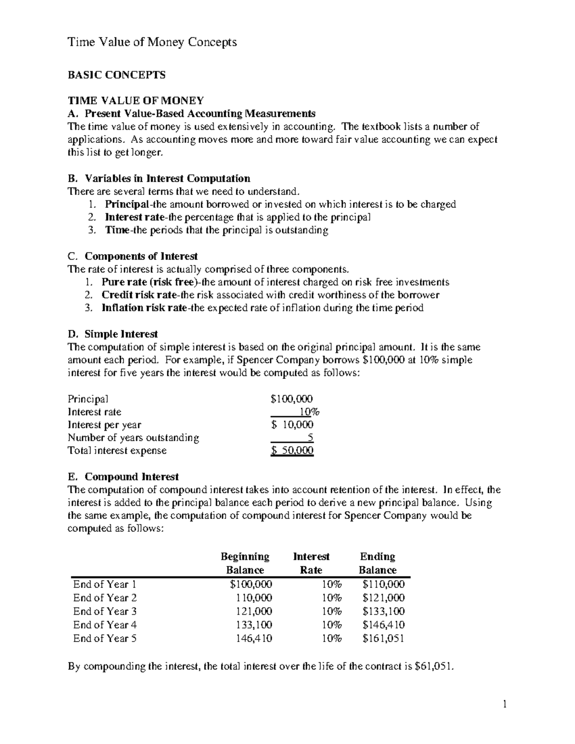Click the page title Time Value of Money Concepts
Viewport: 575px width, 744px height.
point(152,42)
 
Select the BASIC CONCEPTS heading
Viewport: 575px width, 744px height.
point(116,75)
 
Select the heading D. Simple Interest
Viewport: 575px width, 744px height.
point(113,334)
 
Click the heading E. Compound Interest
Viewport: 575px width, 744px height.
point(124,477)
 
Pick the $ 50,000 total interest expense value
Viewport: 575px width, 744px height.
point(292,450)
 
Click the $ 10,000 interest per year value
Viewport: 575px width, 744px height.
point(292,424)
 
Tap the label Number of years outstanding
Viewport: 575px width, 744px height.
point(133,437)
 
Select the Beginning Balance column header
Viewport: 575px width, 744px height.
point(245,563)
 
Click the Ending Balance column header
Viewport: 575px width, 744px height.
point(378,563)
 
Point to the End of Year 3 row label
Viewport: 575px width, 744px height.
point(105,611)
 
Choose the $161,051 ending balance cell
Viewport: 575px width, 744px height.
point(383,638)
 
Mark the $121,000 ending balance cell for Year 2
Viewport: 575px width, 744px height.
point(383,598)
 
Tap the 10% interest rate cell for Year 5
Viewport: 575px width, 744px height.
point(332,638)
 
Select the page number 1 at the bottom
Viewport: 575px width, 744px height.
point(504,704)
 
